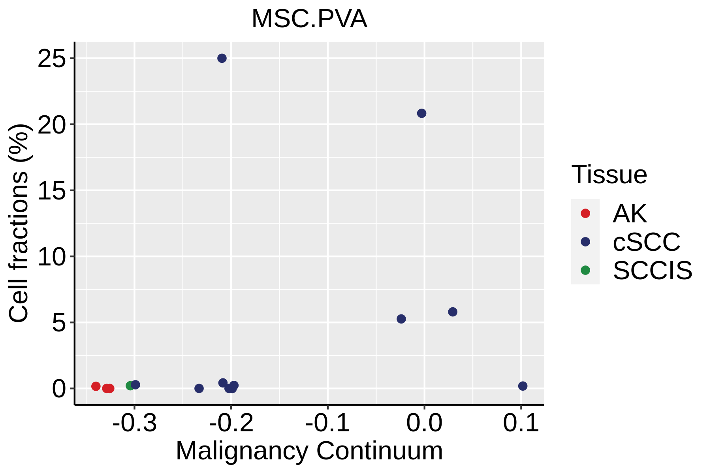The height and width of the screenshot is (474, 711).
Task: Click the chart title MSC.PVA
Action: pos(309,19)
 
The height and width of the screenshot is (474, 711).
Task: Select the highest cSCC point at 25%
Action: pos(222,58)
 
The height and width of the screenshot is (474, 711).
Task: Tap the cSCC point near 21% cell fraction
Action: pos(422,113)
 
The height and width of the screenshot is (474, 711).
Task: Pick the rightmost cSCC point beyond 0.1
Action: pos(523,386)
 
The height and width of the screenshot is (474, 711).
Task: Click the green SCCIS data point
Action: pos(130,386)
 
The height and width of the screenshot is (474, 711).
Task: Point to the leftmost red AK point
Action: pos(96,386)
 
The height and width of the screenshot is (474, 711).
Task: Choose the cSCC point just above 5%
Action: pos(401,319)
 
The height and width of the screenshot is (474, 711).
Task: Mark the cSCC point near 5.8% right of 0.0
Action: pos(453,312)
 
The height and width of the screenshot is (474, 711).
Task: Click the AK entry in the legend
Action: pos(629,214)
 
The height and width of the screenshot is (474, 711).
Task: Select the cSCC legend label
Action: pos(647,242)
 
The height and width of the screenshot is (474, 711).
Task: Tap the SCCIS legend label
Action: pos(653,271)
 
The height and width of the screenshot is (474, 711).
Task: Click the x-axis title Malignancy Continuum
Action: pos(309,451)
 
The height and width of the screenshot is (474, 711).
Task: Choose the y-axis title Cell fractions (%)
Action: pos(19,223)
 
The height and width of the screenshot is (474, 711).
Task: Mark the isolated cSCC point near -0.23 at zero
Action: pos(199,388)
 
